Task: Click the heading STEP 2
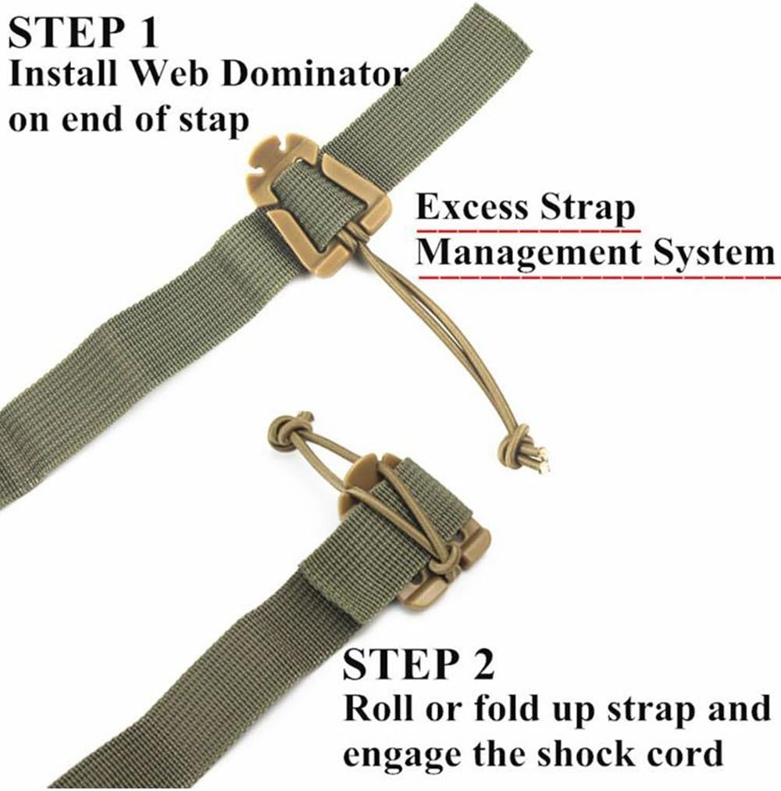coord(419,665)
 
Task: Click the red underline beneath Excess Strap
coord(527,231)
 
